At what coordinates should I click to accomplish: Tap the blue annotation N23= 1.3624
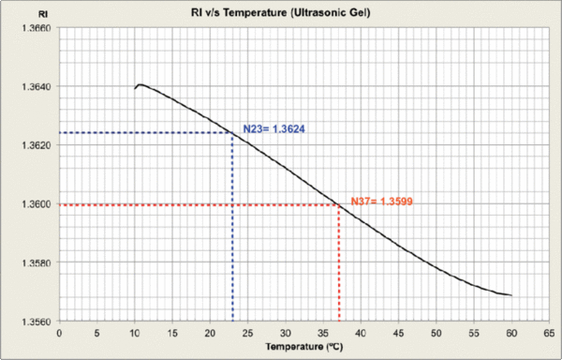(272, 129)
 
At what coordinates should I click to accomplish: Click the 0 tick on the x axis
(60, 332)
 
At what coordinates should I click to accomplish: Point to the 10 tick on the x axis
(135, 332)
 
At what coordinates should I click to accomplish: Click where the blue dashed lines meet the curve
(232, 133)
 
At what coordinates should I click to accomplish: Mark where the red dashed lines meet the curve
(338, 205)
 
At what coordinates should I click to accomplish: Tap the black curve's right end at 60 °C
(510, 295)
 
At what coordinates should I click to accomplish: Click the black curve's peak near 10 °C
(140, 85)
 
